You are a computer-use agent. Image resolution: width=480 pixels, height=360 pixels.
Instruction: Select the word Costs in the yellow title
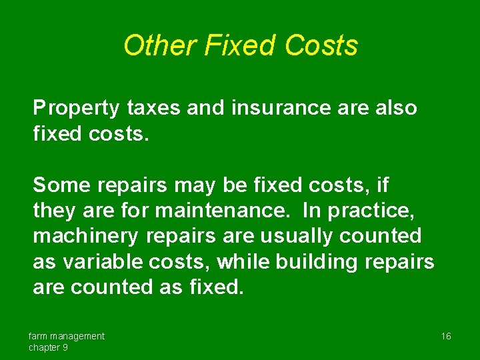(321, 46)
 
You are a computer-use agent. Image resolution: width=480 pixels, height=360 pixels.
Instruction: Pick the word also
(396, 108)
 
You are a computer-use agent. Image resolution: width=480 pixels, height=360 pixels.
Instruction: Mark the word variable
(103, 261)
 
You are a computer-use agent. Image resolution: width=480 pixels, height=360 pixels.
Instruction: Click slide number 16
(446, 336)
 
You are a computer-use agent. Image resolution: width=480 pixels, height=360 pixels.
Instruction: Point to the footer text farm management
(67, 336)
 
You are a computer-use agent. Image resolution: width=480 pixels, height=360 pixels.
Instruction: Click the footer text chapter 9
(48, 347)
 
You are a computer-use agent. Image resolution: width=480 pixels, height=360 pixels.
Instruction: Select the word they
(55, 210)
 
